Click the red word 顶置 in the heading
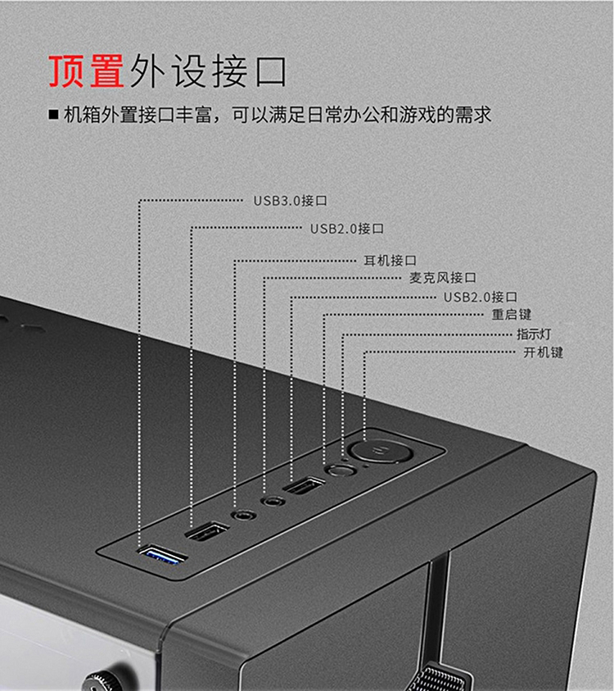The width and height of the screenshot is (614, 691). pyautogui.click(x=86, y=71)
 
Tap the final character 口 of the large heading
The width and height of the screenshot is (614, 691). pyautogui.click(x=271, y=71)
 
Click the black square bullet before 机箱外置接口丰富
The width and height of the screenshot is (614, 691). pyautogui.click(x=54, y=115)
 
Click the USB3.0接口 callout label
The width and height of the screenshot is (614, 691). pyautogui.click(x=291, y=201)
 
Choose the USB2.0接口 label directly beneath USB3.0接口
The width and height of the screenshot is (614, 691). pyautogui.click(x=347, y=229)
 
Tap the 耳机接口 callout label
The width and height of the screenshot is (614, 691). pyautogui.click(x=390, y=261)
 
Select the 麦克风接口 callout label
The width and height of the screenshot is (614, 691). pyautogui.click(x=443, y=278)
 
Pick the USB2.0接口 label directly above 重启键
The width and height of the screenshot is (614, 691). pyautogui.click(x=481, y=297)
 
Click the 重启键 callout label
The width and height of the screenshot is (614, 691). pyautogui.click(x=512, y=314)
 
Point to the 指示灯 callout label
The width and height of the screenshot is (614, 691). pyautogui.click(x=534, y=334)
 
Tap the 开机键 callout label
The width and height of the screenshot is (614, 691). pyautogui.click(x=543, y=352)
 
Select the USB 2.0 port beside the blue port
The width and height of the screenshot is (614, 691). pyautogui.click(x=207, y=531)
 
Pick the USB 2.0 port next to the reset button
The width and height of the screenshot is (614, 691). pyautogui.click(x=304, y=485)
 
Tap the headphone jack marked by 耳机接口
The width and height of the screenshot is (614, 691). pyautogui.click(x=243, y=515)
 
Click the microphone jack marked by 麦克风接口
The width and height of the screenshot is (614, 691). pyautogui.click(x=273, y=501)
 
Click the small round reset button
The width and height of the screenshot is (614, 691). pyautogui.click(x=341, y=471)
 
